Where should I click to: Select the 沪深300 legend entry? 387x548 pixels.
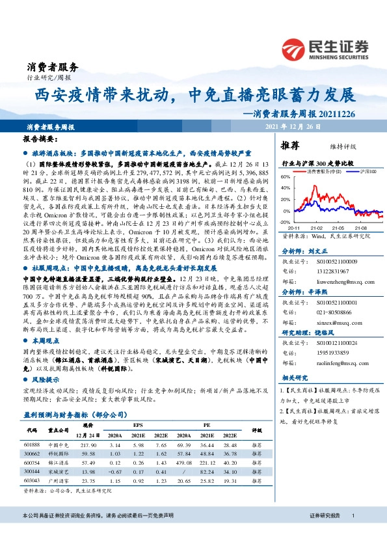tap(352, 171)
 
